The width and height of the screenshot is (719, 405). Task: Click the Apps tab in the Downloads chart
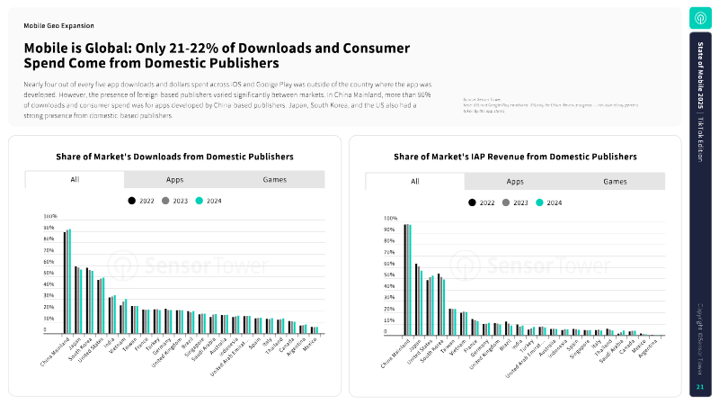(174, 180)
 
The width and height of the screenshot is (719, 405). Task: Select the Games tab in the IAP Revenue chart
(615, 181)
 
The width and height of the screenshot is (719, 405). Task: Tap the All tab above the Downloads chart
(75, 180)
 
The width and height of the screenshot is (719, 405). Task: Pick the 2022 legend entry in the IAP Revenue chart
(473, 202)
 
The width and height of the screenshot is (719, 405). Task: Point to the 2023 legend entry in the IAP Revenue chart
(506, 202)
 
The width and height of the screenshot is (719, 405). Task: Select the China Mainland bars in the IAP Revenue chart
(407, 279)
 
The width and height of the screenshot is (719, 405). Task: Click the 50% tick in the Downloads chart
(50, 274)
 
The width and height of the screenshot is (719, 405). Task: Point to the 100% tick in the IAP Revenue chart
(390, 218)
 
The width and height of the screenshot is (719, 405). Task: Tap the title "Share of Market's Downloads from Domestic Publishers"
(174, 157)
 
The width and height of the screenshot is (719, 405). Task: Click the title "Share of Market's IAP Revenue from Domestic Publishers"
(515, 157)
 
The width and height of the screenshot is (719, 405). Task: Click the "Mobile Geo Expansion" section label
(58, 26)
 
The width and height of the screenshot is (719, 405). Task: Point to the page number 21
(699, 388)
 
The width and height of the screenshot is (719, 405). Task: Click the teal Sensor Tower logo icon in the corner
(700, 18)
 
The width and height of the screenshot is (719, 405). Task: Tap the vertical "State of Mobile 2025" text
(700, 82)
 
